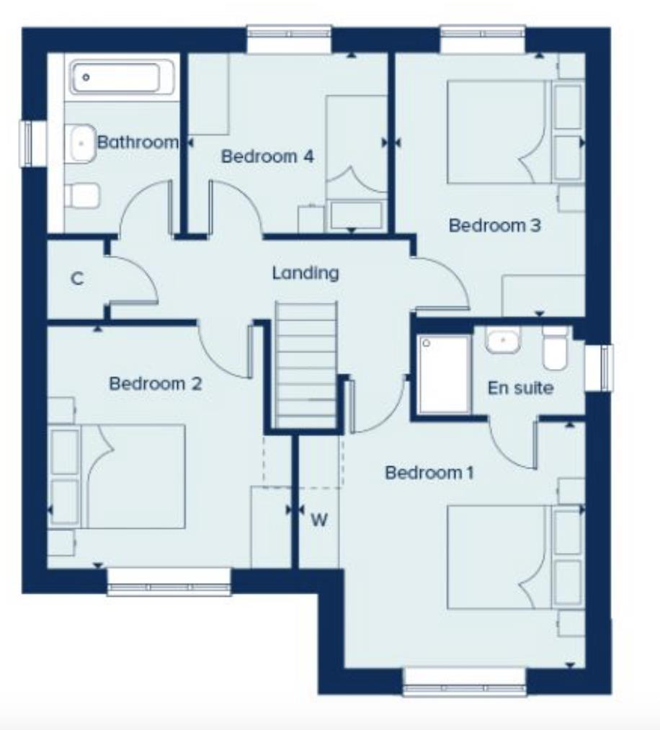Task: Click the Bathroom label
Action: point(137,142)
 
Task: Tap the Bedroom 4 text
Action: point(267,156)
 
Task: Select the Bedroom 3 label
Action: point(494,226)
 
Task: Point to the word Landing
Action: point(305,273)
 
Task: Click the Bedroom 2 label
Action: point(155,383)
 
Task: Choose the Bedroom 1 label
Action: point(429,473)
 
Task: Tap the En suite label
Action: point(520,388)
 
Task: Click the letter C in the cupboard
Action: point(78,280)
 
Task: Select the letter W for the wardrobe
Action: point(318,519)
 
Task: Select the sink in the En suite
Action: point(503,340)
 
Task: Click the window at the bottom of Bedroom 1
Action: point(464,681)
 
